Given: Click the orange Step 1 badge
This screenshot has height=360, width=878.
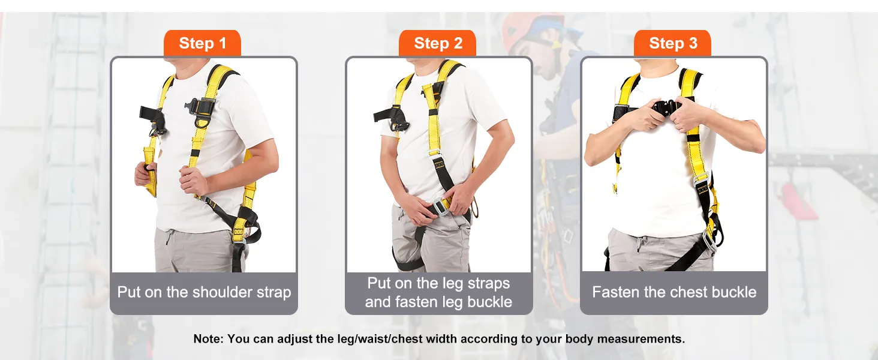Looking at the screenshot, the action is (202, 43).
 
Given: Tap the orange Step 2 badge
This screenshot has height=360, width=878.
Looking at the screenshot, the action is (437, 43).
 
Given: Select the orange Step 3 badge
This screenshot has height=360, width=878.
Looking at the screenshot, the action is (673, 43).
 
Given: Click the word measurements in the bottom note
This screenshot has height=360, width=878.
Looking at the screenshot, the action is (641, 339).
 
